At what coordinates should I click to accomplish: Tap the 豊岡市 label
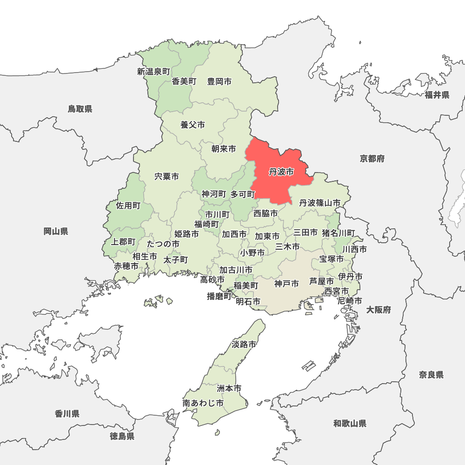click(x=219, y=81)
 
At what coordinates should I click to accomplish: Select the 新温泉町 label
click(x=153, y=72)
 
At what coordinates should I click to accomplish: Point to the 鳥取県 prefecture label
click(x=80, y=109)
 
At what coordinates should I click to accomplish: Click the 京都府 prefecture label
click(x=372, y=159)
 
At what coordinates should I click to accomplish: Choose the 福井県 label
click(x=437, y=95)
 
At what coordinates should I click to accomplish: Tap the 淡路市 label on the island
click(x=244, y=345)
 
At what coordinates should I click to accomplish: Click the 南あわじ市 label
click(x=203, y=403)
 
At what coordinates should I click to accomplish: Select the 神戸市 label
click(x=286, y=283)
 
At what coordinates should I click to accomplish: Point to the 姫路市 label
click(x=186, y=233)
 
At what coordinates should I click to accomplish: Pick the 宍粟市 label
click(x=166, y=177)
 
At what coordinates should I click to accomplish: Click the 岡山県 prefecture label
click(x=56, y=231)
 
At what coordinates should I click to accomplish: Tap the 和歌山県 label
click(x=350, y=423)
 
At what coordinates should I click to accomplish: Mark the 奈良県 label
click(x=431, y=375)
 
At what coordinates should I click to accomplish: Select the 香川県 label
click(x=67, y=413)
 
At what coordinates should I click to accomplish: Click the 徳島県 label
click(x=122, y=436)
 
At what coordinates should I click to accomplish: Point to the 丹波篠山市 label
click(x=319, y=203)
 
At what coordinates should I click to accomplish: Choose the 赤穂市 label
click(x=126, y=266)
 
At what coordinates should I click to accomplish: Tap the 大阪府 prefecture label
click(x=379, y=310)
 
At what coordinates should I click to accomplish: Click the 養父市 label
click(x=193, y=125)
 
